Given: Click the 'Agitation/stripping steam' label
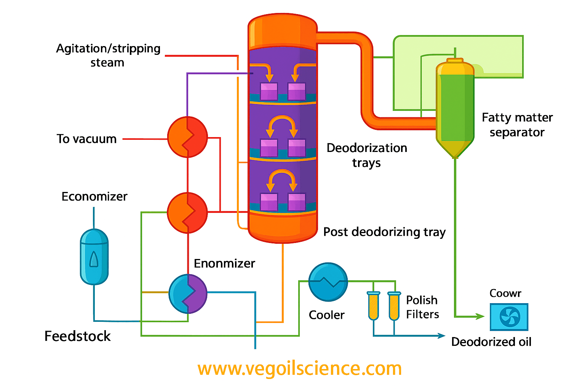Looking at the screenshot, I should (108, 56).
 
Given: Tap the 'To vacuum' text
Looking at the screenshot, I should (86, 139).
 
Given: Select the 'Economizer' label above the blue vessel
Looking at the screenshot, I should (94, 197).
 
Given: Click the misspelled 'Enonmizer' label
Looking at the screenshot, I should (224, 264).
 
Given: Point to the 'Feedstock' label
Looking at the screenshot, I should (77, 336).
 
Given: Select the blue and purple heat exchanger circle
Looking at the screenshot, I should (188, 294).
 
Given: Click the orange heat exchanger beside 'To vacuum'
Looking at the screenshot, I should (187, 137).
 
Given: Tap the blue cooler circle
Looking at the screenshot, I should (328, 282).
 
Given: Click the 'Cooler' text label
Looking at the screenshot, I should (326, 315).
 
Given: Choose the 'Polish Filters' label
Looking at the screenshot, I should (422, 307).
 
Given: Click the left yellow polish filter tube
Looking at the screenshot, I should (373, 306).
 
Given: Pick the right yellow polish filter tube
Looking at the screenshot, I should (394, 306).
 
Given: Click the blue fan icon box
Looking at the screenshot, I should (509, 317).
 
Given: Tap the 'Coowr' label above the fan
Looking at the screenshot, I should (505, 293).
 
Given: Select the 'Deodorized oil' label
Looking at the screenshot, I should (491, 342).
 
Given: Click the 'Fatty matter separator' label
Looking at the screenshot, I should (517, 125).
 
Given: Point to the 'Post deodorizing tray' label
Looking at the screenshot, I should (384, 232).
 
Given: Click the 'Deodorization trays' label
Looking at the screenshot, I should (367, 155).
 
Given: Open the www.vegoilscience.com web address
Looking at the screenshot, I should (300, 369).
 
